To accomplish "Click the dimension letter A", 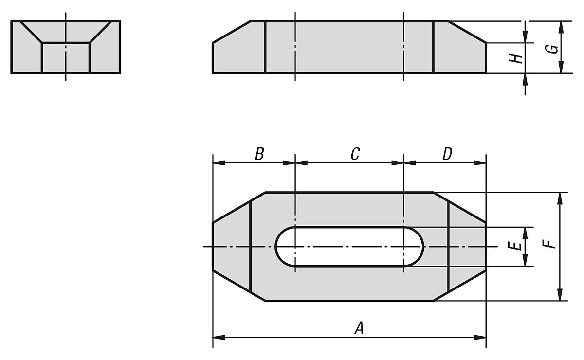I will tap(359, 329).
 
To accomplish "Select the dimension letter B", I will tap(259, 154).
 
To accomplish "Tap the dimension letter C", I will tap(355, 154).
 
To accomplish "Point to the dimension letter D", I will tap(447, 154).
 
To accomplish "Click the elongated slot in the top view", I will tap(349, 247).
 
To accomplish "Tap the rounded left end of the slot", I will tap(283, 247).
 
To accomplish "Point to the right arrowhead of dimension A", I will tap(480, 337).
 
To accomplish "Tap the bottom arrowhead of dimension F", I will tap(560, 295).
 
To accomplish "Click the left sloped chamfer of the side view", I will tap(231, 32).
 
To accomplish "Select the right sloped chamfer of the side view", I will tap(467, 32).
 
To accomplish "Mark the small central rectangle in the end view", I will tap(66, 58).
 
